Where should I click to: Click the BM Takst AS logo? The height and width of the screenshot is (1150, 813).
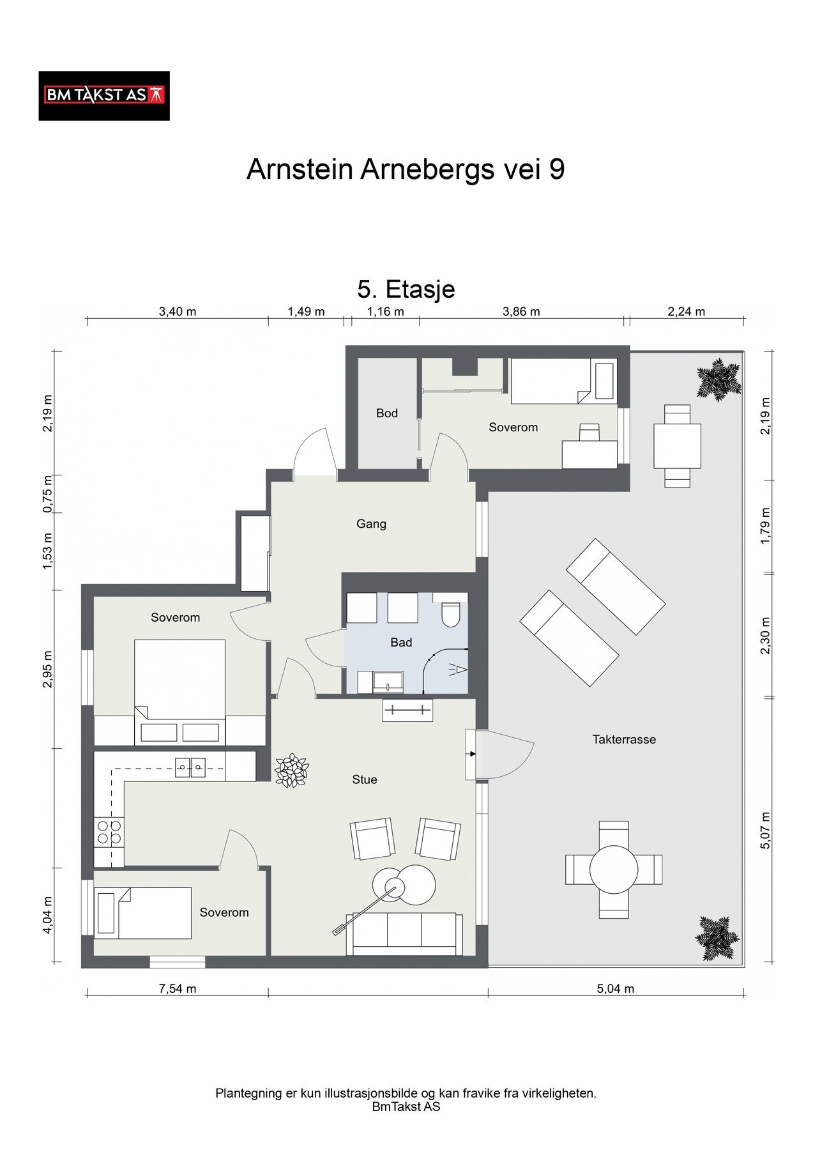pyautogui.click(x=104, y=96)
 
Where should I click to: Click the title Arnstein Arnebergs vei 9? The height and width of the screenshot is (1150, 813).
pyautogui.click(x=406, y=170)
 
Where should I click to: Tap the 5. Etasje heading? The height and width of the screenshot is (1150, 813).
pyautogui.click(x=406, y=289)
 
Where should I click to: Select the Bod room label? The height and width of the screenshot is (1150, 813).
pyautogui.click(x=387, y=413)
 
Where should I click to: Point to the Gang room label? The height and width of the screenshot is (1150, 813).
pyautogui.click(x=371, y=524)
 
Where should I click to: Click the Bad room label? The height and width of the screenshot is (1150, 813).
pyautogui.click(x=401, y=643)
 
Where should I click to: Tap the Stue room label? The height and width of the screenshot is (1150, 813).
pyautogui.click(x=365, y=779)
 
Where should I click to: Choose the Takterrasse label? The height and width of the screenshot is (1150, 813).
pyautogui.click(x=624, y=739)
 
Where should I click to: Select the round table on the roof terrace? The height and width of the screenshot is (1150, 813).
pyautogui.click(x=614, y=869)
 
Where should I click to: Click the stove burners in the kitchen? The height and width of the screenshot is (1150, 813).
pyautogui.click(x=108, y=832)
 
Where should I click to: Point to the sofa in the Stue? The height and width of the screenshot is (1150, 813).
pyautogui.click(x=405, y=934)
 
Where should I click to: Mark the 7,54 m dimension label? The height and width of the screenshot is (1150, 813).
pyautogui.click(x=178, y=989)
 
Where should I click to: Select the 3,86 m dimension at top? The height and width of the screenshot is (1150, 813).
pyautogui.click(x=521, y=312)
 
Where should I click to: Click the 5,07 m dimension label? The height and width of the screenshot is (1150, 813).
pyautogui.click(x=767, y=830)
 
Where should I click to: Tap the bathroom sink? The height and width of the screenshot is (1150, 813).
pyautogui.click(x=388, y=682)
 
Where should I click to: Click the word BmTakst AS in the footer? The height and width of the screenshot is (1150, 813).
pyautogui.click(x=406, y=1107)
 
